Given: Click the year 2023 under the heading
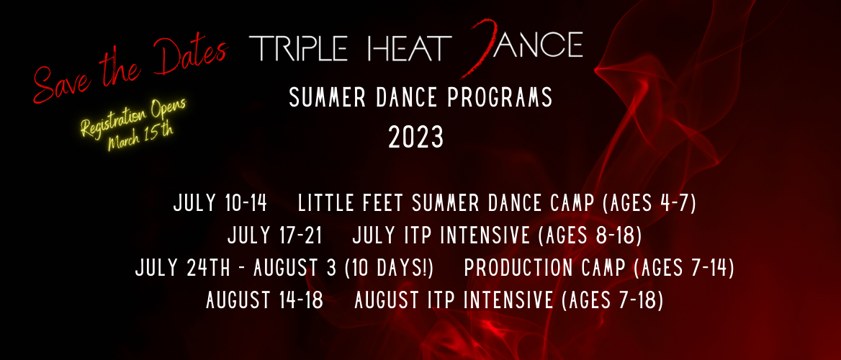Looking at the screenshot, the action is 416,137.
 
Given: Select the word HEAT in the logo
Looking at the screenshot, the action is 407,48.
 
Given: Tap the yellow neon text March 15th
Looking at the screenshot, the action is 140,137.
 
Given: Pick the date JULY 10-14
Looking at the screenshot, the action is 220,204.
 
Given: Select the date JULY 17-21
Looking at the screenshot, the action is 274,235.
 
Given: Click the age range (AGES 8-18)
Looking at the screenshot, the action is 593,235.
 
